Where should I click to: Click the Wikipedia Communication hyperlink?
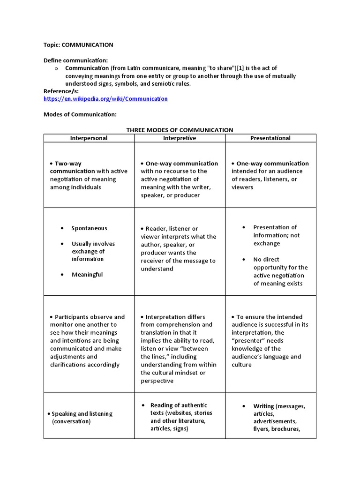(x=105, y=99)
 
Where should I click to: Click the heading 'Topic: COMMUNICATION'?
(x=78, y=45)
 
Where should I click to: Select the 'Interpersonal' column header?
(x=89, y=138)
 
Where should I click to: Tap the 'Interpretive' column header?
(x=180, y=138)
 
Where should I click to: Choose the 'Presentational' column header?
(x=270, y=138)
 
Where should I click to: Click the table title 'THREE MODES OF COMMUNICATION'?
(x=180, y=130)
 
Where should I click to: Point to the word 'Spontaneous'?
(x=89, y=228)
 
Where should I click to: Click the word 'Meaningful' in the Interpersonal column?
(x=87, y=275)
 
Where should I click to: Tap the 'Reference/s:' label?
(x=61, y=91)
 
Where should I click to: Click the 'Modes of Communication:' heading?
(x=80, y=114)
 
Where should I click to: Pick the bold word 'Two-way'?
(x=68, y=164)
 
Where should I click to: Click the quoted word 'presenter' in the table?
(x=247, y=341)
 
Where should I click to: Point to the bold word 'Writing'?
(x=264, y=406)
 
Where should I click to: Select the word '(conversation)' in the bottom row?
(x=71, y=421)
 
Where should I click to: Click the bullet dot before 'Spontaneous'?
(x=62, y=228)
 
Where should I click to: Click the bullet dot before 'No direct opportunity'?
(x=244, y=259)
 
